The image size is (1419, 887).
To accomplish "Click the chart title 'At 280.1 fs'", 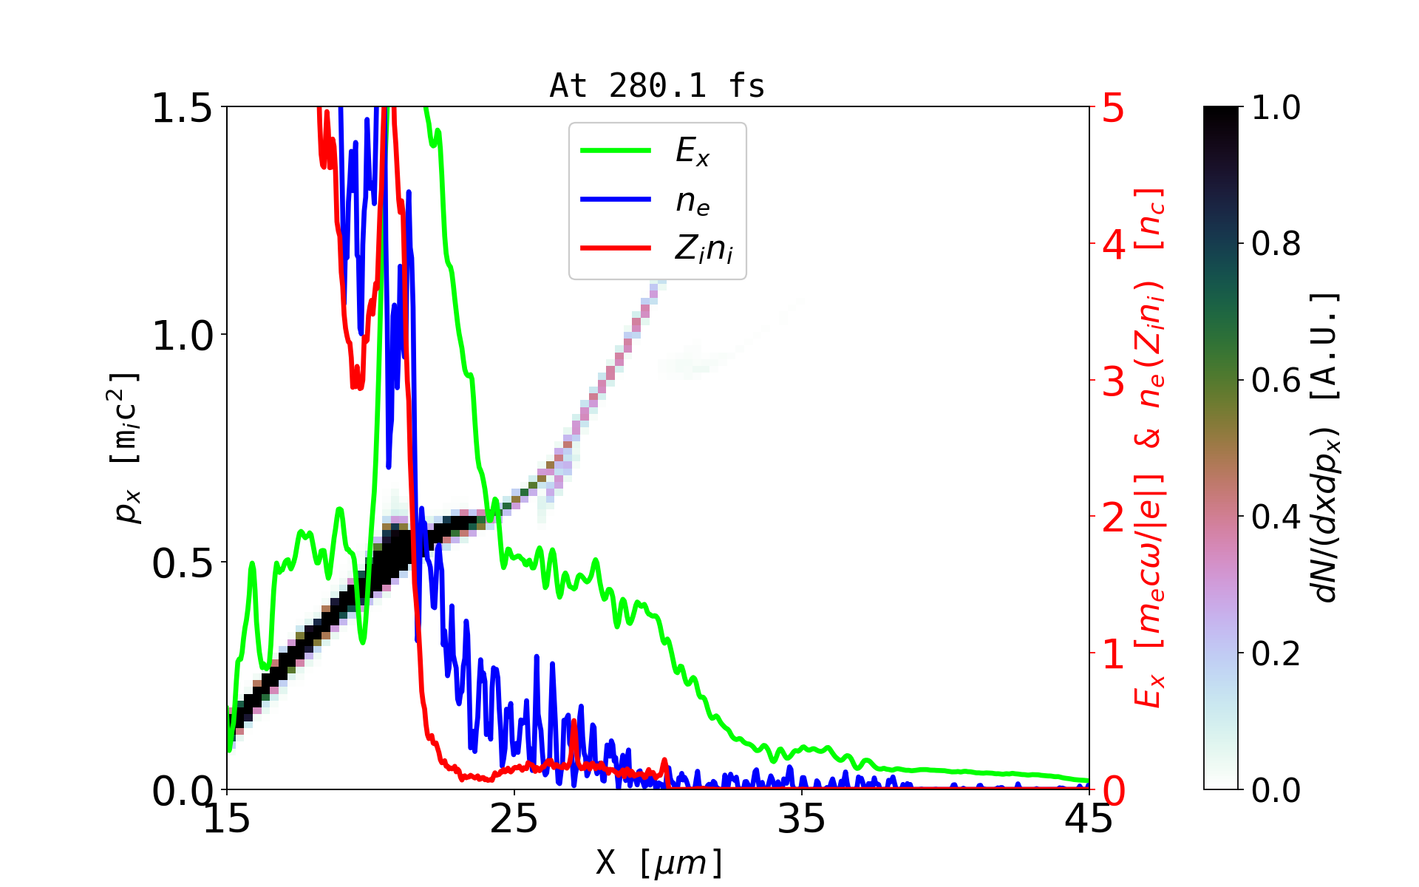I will (x=657, y=86).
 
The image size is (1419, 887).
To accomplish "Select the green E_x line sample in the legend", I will (x=616, y=151).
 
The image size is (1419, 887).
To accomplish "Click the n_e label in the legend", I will (x=693, y=201).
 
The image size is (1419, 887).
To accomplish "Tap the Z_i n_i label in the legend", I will (x=704, y=250).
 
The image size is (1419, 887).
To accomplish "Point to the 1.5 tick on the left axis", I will (x=182, y=108).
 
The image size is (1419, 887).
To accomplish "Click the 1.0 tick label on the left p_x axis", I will (x=182, y=336).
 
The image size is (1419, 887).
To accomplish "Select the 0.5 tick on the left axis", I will (x=182, y=563).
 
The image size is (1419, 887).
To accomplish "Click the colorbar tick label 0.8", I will (x=1276, y=244).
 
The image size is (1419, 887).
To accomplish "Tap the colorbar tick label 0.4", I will (x=1276, y=517).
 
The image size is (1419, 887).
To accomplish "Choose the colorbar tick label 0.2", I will (x=1276, y=653).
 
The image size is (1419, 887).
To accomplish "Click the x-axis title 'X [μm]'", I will (x=659, y=862).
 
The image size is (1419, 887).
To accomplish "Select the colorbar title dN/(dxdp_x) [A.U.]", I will (x=1327, y=448).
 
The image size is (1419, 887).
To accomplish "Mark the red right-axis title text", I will (x=1149, y=448).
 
